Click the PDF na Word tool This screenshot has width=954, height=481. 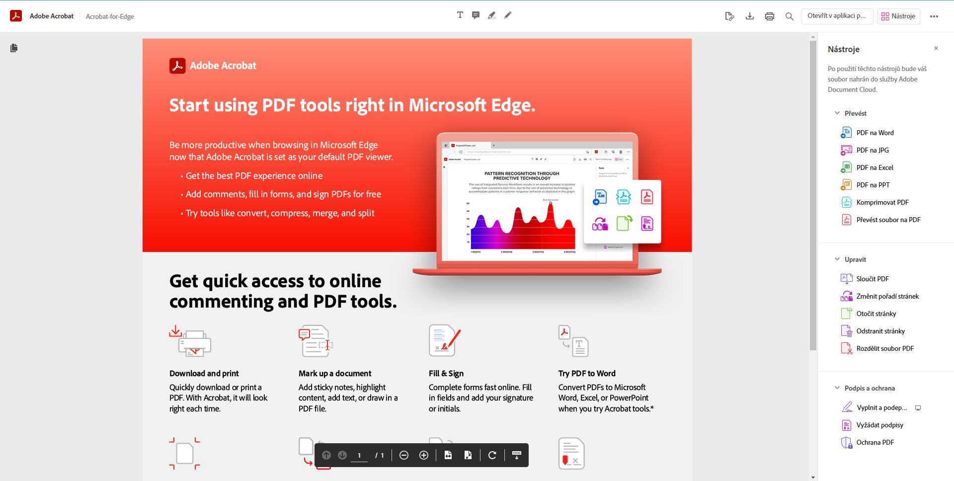[874, 133]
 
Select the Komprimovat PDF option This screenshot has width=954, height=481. [882, 202]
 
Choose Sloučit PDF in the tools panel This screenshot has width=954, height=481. [872, 279]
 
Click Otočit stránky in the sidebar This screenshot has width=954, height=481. [876, 314]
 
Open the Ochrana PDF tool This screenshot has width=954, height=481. [874, 442]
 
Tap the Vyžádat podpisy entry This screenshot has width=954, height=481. [879, 425]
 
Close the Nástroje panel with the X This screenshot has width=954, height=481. [936, 48]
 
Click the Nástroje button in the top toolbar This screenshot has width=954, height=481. [898, 16]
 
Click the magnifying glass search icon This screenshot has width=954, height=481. [789, 16]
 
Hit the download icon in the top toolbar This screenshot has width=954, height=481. [750, 16]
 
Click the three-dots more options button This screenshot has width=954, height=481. [934, 16]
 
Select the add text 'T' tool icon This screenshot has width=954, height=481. [460, 15]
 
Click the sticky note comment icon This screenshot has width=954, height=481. [476, 15]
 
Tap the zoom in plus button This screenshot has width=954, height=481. [424, 455]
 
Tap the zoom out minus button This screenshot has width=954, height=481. [404, 455]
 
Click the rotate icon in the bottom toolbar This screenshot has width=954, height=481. [492, 455]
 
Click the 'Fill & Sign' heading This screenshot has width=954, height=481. [446, 373]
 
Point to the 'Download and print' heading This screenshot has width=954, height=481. [204, 373]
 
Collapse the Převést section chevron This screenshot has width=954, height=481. [837, 113]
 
